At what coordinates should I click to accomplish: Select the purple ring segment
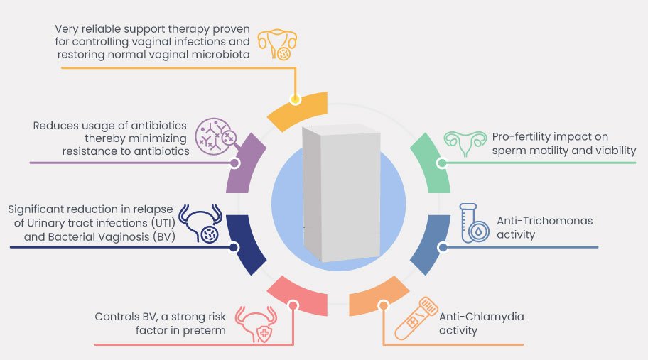click(245, 163)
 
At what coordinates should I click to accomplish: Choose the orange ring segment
click(377, 294)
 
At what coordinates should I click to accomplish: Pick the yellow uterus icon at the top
click(276, 43)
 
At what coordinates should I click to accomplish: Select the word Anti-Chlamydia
click(481, 317)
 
